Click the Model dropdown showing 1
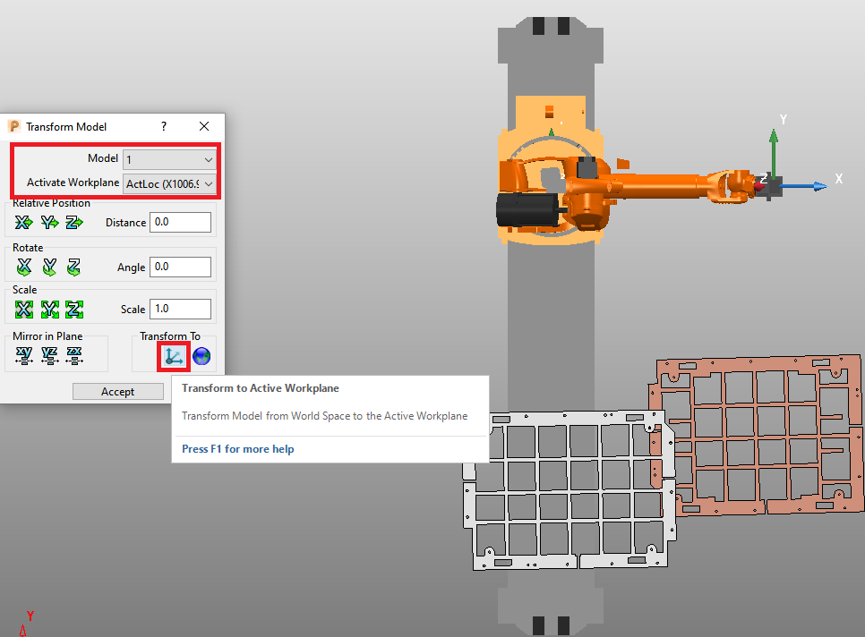(x=169, y=159)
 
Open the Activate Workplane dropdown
(x=169, y=183)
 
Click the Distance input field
(x=181, y=222)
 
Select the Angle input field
(x=181, y=267)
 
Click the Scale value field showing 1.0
(x=181, y=309)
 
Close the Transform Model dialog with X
(x=204, y=127)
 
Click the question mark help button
(x=163, y=127)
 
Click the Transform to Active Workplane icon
(x=174, y=356)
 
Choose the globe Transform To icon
(x=201, y=356)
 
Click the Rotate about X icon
(x=24, y=267)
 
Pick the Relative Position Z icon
(x=74, y=222)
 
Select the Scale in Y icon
(x=49, y=310)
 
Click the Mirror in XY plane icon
(x=24, y=356)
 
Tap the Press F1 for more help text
(x=237, y=449)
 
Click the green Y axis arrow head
(x=774, y=135)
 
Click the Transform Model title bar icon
(x=13, y=127)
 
